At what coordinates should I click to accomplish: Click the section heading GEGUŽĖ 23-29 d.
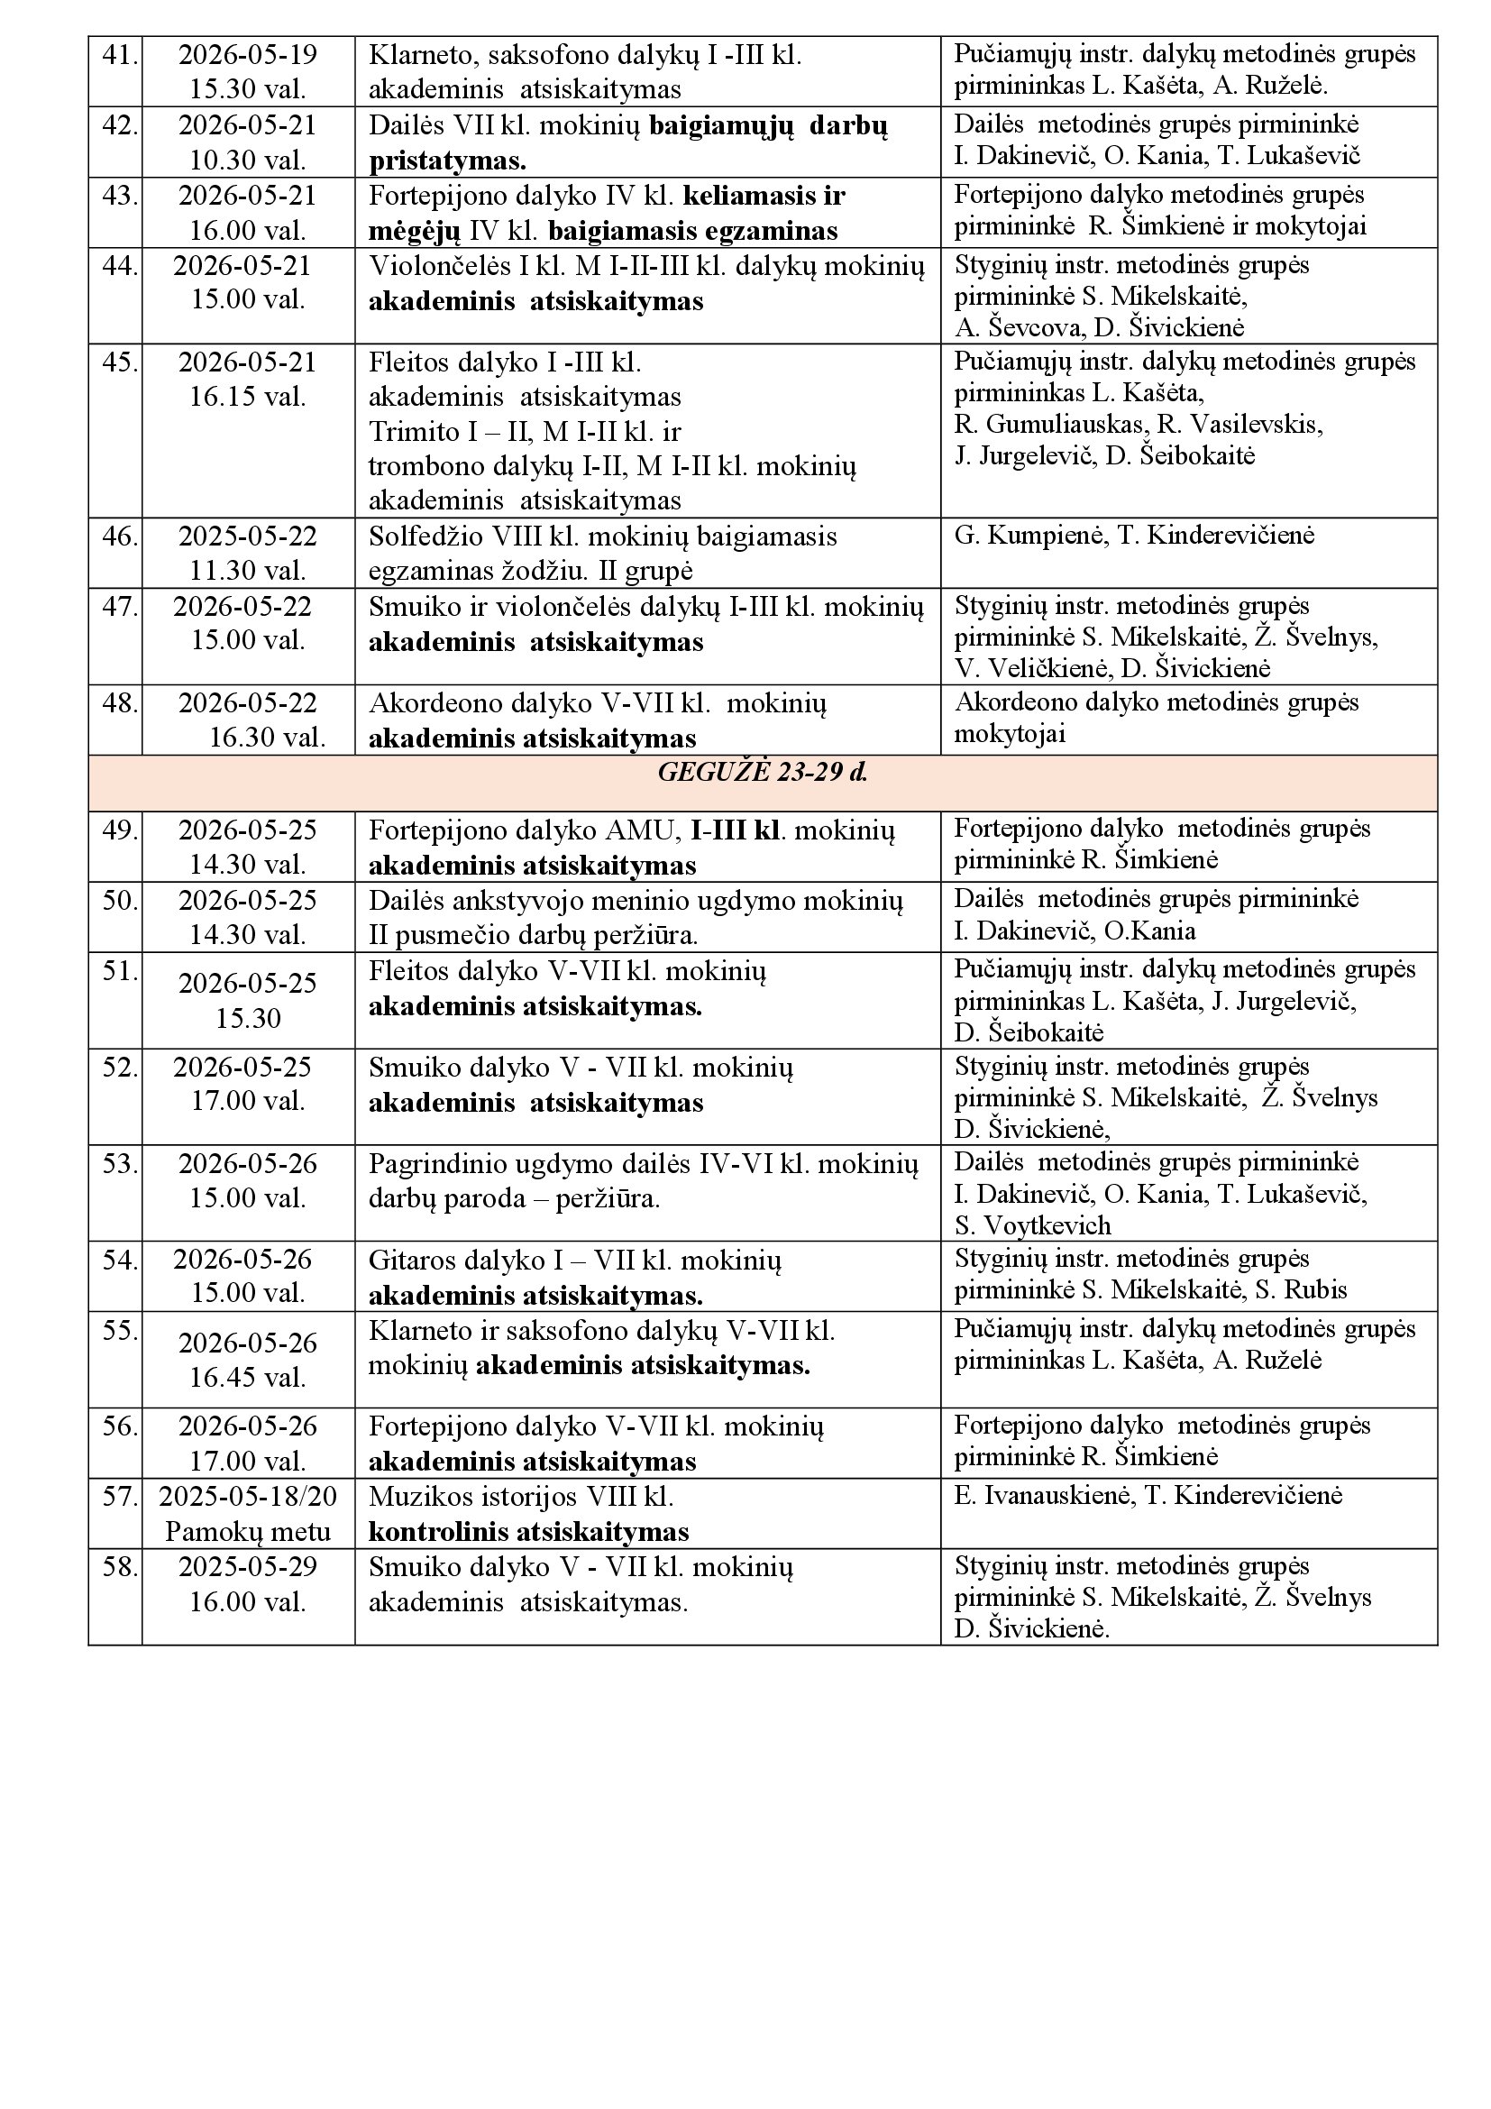coord(762,773)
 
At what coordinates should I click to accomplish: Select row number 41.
coord(118,55)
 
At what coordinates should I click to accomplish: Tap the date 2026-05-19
coord(248,55)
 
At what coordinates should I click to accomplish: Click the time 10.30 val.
coord(248,160)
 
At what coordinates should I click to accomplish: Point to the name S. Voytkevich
coord(1032,1225)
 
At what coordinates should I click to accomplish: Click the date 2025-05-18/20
coord(248,1497)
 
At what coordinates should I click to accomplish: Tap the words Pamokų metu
coord(248,1531)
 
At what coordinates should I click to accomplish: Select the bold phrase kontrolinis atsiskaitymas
coord(529,1531)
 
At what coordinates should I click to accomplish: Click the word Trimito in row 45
coord(413,432)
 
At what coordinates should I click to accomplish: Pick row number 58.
coord(118,1566)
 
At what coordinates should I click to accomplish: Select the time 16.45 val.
coord(248,1377)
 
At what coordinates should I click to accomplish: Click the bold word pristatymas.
coord(447,160)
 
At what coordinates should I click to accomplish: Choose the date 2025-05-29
coord(248,1566)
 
